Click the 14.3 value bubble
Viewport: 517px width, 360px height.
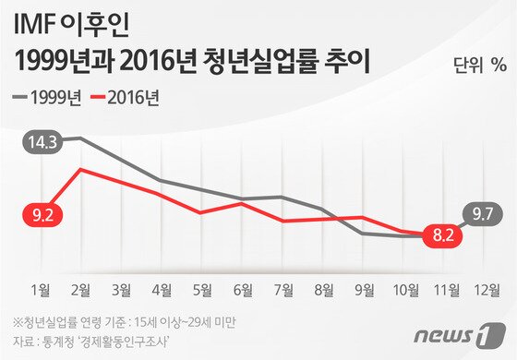pyautogui.click(x=42, y=143)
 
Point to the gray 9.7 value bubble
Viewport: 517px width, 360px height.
pyautogui.click(x=481, y=214)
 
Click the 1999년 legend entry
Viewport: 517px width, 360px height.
pyautogui.click(x=53, y=95)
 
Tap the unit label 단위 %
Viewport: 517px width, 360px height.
pyautogui.click(x=480, y=65)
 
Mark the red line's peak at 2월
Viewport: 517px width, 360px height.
pyautogui.click(x=81, y=169)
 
